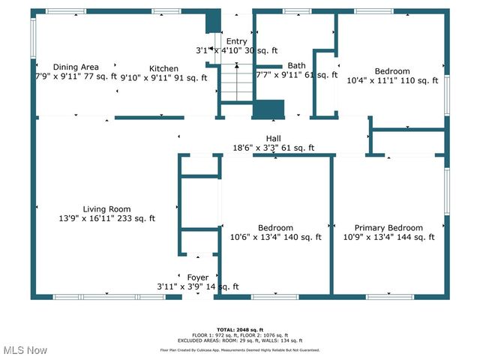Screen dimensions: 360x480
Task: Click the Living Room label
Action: tap(106, 209)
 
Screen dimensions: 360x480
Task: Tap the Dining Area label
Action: tap(76, 67)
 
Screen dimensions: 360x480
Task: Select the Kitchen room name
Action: tap(163, 67)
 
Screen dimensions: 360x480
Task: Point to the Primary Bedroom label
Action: tap(388, 228)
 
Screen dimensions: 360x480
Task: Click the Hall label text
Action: tap(273, 139)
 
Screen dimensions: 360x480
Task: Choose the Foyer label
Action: tap(198, 277)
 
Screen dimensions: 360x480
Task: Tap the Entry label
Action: tap(236, 42)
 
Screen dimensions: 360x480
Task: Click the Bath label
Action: tap(296, 65)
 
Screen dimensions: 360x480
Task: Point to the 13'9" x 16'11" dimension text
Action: tap(107, 219)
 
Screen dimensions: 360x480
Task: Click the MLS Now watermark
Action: tap(25, 350)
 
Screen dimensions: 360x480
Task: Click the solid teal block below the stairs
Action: tap(268, 109)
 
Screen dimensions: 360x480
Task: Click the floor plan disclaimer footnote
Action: tap(240, 349)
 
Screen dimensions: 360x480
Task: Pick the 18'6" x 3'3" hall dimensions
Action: tap(273, 148)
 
